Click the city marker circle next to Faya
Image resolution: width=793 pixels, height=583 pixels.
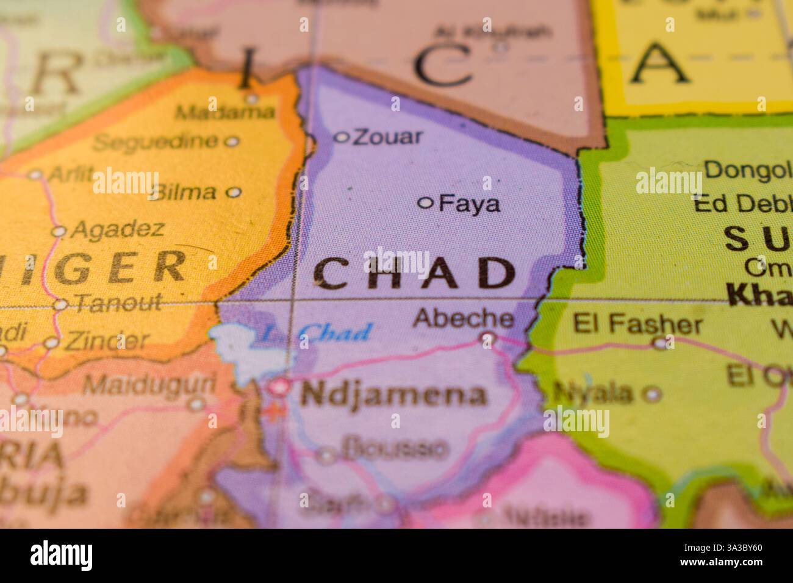click(426, 202)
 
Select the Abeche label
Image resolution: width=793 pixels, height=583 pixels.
click(463, 318)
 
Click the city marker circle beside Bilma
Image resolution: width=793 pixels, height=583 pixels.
click(233, 192)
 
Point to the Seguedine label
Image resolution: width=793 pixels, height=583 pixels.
click(156, 142)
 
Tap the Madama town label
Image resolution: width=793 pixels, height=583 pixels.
click(224, 112)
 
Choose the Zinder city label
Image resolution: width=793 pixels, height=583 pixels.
click(106, 340)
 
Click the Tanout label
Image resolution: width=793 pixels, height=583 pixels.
click(116, 302)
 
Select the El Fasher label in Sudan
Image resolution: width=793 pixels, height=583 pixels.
click(637, 324)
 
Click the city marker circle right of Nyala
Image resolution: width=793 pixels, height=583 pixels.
click(653, 394)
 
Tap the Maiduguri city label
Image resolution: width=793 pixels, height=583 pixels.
click(149, 384)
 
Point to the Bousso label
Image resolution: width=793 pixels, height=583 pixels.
click(393, 449)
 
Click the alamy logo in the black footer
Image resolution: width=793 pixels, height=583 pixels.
click(62, 556)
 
